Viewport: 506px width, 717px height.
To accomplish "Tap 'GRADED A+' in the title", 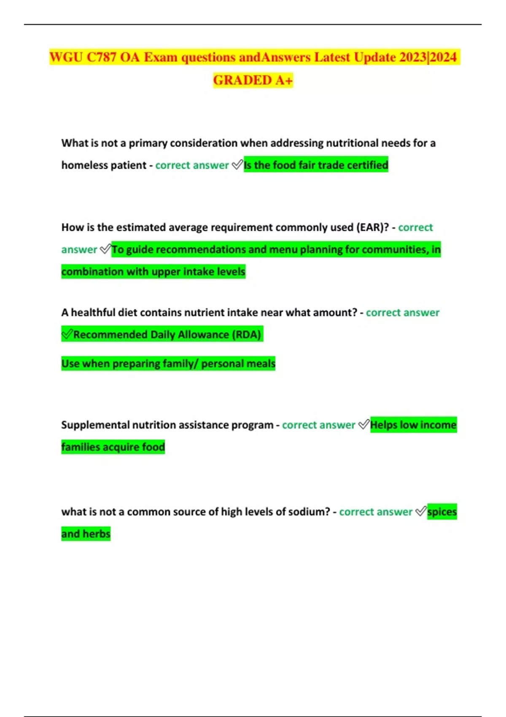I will (x=253, y=80).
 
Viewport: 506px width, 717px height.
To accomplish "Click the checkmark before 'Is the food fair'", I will (x=237, y=165).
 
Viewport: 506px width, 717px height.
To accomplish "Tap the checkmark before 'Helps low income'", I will (x=363, y=425).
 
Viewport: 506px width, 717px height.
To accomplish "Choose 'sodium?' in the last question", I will (x=310, y=512).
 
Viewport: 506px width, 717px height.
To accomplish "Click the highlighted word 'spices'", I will (x=441, y=512).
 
